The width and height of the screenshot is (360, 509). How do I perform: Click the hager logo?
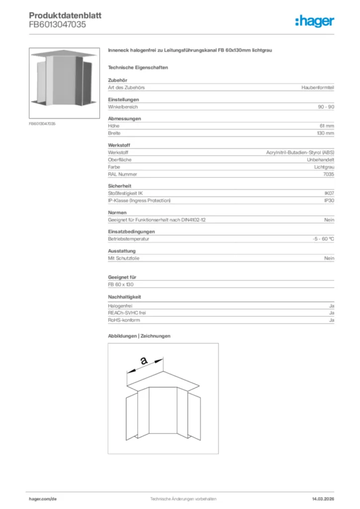point(315,21)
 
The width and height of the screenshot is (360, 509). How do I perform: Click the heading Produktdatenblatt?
point(65,15)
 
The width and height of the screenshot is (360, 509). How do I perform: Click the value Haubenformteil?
point(317,87)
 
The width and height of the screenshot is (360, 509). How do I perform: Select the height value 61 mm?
point(326,126)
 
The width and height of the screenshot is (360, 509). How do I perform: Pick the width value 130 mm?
point(325,133)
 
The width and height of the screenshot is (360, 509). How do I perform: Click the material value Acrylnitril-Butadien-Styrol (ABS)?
point(300,153)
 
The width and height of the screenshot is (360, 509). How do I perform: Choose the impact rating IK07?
point(329,193)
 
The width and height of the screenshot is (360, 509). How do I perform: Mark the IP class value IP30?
point(329,200)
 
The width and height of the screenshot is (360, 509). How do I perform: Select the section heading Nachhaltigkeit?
point(125,297)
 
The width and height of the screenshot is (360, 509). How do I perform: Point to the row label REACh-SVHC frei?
point(127,313)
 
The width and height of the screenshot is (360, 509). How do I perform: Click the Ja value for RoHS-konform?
point(331,321)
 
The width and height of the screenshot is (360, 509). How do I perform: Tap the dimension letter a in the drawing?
point(144,362)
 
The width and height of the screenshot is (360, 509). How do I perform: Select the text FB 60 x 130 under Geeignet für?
point(121,284)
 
